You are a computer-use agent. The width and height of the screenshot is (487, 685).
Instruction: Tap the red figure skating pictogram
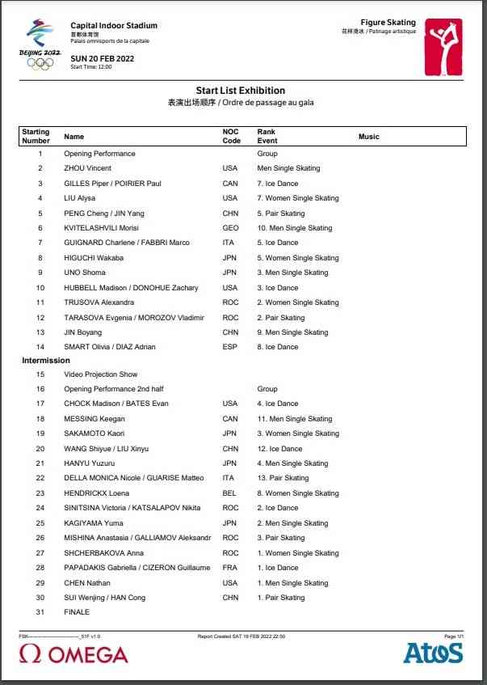[443, 47]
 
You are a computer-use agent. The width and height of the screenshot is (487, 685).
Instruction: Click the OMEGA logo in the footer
[73, 654]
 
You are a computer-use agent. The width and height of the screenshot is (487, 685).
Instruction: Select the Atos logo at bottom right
[433, 653]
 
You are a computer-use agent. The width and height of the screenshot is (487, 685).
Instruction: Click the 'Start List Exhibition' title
[240, 91]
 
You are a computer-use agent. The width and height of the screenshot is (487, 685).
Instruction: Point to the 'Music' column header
[368, 137]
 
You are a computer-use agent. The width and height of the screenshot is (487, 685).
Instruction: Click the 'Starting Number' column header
[36, 136]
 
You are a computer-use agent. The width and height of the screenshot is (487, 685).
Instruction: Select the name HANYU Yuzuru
[89, 463]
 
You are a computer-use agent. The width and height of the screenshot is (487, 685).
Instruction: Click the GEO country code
[230, 228]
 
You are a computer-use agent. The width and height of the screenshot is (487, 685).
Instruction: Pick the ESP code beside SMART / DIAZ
[229, 347]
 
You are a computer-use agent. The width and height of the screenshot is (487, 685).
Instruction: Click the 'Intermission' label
[46, 360]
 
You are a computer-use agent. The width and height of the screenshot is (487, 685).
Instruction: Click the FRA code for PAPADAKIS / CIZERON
[230, 568]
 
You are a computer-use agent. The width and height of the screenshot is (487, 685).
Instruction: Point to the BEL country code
[230, 493]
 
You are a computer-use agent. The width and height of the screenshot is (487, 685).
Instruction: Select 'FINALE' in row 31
[77, 612]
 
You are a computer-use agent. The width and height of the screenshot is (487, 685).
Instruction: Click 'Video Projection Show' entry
[101, 374]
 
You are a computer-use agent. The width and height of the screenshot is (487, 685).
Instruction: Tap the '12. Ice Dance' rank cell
[280, 448]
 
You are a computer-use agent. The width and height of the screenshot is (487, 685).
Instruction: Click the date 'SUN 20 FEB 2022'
[103, 59]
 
